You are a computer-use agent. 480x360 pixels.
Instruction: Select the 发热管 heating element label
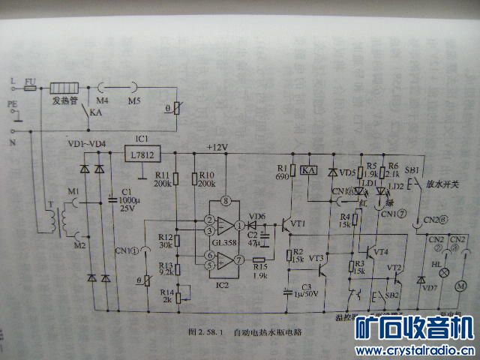point(65,100)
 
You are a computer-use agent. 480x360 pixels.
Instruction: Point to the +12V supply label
point(216,146)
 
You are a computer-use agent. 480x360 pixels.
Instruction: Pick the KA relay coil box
point(308,171)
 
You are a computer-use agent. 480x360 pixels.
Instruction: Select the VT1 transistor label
point(298,223)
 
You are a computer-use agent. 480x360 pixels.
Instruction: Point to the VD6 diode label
point(256,217)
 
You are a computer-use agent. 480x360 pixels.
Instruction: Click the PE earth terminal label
point(11,105)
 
